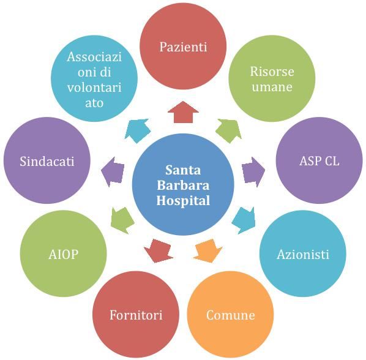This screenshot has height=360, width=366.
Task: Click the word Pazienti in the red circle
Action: tap(183, 47)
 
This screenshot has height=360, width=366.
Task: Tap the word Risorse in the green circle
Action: tap(272, 72)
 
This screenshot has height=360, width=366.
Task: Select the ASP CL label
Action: tap(319, 161)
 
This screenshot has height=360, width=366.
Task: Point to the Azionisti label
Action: tap(303, 255)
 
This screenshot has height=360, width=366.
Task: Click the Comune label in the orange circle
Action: tap(230, 315)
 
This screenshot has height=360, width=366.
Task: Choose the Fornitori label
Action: tap(136, 315)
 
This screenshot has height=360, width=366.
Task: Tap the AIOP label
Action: tap(63, 255)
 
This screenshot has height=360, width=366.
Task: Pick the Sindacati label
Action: tap(47, 161)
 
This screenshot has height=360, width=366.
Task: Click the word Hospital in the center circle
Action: tap(183, 201)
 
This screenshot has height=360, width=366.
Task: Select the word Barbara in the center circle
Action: tap(183, 186)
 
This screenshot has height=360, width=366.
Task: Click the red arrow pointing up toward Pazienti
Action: tap(183, 112)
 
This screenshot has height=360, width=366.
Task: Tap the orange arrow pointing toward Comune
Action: tap(207, 250)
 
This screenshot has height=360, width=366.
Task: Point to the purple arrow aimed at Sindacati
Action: tap(113, 171)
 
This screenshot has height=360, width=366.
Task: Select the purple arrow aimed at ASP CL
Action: tap(253, 172)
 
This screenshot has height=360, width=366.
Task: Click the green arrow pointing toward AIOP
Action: tap(122, 220)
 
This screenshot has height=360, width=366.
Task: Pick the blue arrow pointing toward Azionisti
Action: tap(244, 220)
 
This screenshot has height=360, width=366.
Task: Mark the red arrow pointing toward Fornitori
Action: tap(159, 250)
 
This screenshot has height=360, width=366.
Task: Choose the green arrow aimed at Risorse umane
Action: tap(229, 130)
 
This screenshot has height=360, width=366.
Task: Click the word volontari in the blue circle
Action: tap(94, 88)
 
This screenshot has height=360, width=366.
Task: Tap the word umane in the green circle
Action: tap(272, 87)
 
